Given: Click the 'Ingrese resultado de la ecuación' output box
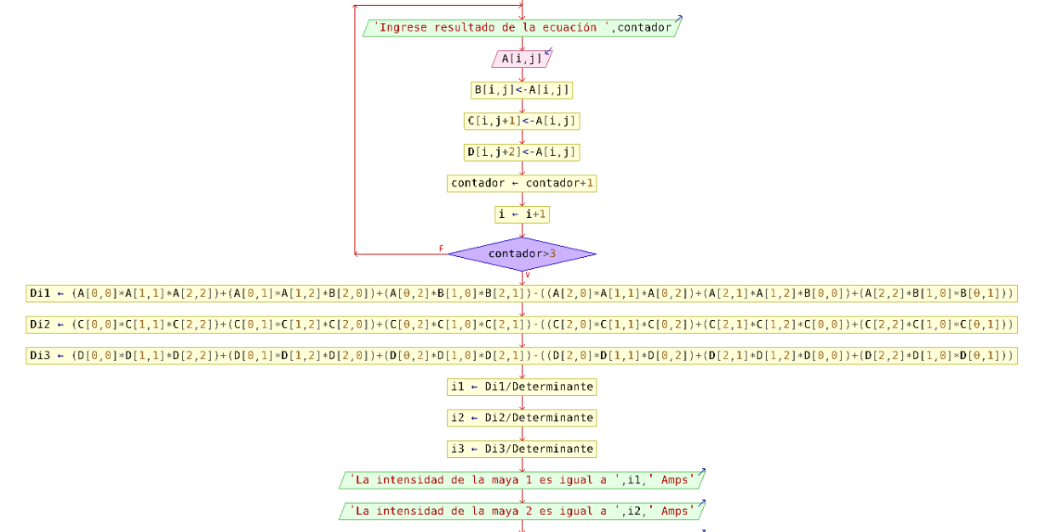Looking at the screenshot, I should pos(522,27).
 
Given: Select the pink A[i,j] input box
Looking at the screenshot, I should pos(522,59).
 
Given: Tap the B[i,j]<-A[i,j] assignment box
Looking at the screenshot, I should pos(522,90).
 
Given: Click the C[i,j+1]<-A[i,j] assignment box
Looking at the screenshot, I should pos(522,121).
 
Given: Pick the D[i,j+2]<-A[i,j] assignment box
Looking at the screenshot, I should pos(522,152).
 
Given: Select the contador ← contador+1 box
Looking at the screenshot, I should pos(522,183).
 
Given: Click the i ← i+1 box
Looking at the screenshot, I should pos(522,215).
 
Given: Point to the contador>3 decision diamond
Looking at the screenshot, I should pos(522,254).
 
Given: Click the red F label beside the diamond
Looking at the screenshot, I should pos(441,249).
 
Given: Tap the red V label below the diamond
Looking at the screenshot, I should pos(528,275).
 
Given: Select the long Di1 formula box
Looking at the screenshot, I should pos(522,294).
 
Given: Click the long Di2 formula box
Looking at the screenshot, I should pos(522,324).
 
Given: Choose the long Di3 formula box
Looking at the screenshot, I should pos(522,356).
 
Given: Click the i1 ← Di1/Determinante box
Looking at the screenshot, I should pos(522,386).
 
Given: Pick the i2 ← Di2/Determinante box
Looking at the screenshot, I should pos(522,418).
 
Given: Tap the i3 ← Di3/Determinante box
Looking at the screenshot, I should pos(522,449).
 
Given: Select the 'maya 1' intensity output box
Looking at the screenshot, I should pos(522,480).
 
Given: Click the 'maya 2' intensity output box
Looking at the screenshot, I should pos(522,511).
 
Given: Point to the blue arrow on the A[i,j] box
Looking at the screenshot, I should pos(547,52).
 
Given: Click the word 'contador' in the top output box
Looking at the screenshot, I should pos(644,27).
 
